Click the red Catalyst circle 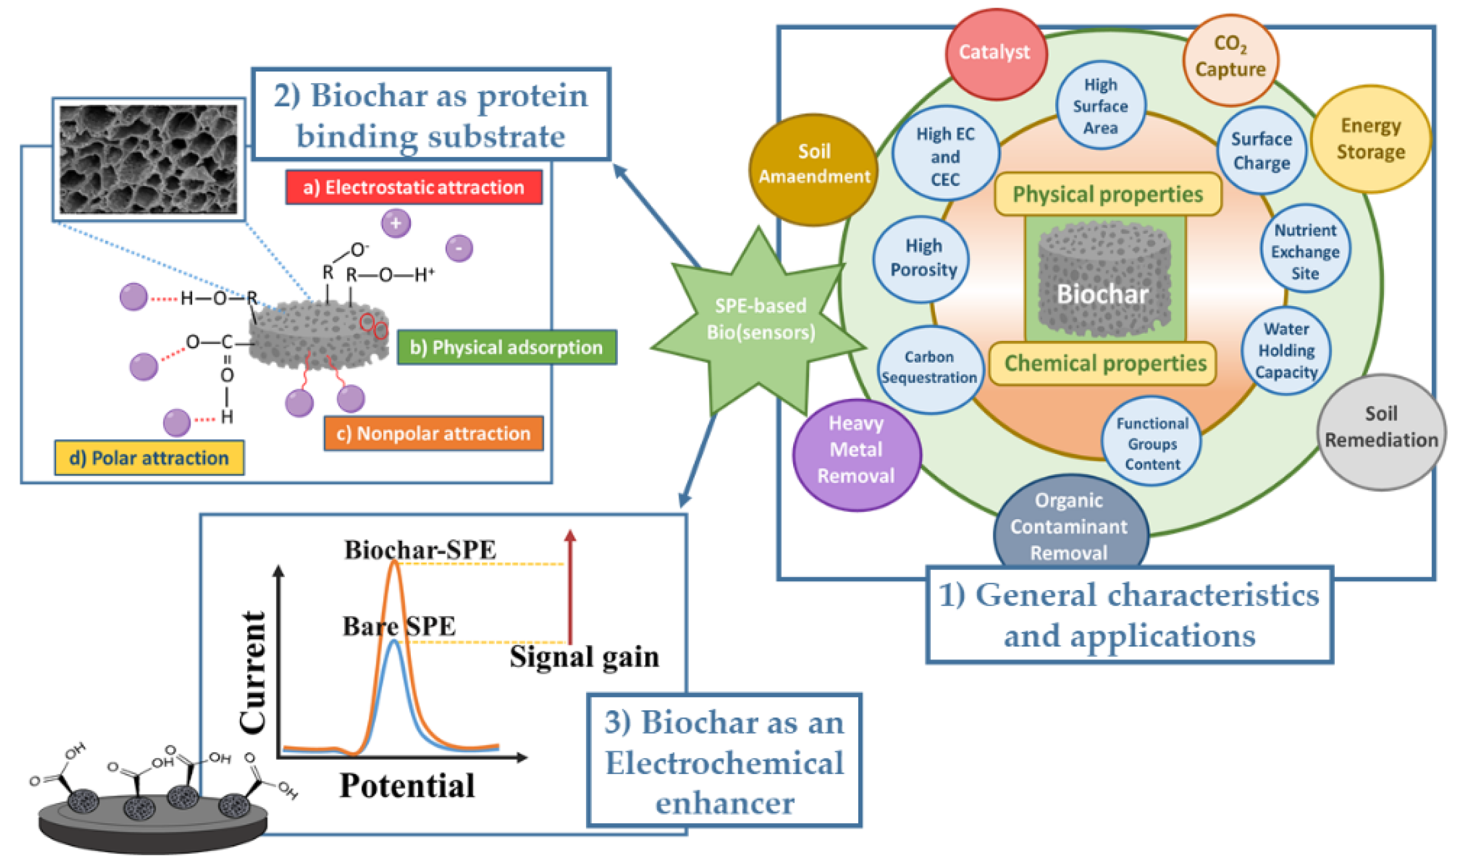click(x=995, y=54)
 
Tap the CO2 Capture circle click(x=1229, y=60)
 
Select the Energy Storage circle click(x=1370, y=139)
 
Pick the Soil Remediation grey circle click(x=1380, y=431)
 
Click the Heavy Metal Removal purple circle click(x=856, y=454)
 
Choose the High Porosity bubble click(x=922, y=259)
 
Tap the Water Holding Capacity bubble click(x=1285, y=351)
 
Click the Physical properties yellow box click(x=1107, y=194)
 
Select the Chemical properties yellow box click(x=1102, y=363)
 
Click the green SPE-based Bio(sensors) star click(x=759, y=320)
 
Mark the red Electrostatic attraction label click(x=413, y=188)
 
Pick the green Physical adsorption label click(x=506, y=348)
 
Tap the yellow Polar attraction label click(x=149, y=458)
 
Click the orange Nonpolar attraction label click(x=433, y=433)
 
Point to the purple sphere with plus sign click(x=395, y=224)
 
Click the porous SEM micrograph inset click(x=148, y=159)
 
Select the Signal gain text click(x=583, y=657)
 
